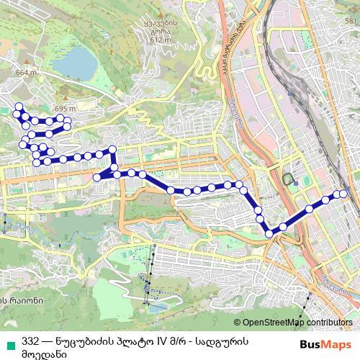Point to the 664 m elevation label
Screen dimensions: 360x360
pyautogui.click(x=25, y=72)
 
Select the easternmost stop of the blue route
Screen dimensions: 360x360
pyautogui.click(x=344, y=194)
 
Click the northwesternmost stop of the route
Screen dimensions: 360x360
pyautogui.click(x=18, y=107)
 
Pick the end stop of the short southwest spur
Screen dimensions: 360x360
pyautogui.click(x=97, y=177)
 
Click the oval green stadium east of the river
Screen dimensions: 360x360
pyautogui.click(x=289, y=179)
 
